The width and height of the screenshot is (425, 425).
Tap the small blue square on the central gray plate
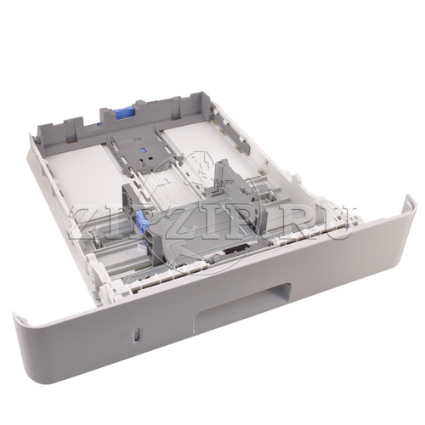143,150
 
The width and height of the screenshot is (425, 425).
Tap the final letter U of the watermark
337,223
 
